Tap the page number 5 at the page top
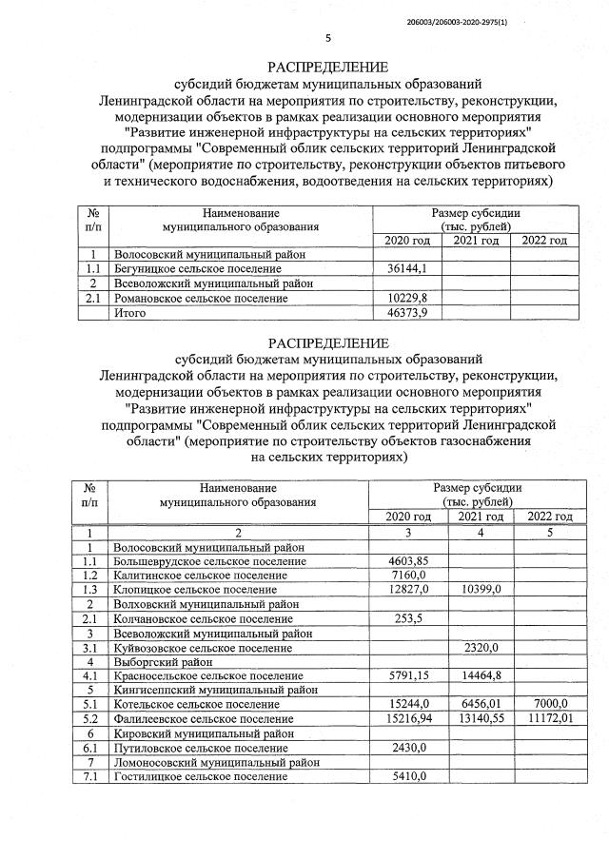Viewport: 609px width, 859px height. click(328, 39)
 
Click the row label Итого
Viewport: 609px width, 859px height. click(131, 312)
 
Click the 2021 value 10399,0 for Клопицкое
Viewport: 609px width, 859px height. click(481, 590)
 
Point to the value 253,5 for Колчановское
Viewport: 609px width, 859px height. click(407, 618)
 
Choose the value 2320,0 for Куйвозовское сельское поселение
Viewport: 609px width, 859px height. click(481, 648)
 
